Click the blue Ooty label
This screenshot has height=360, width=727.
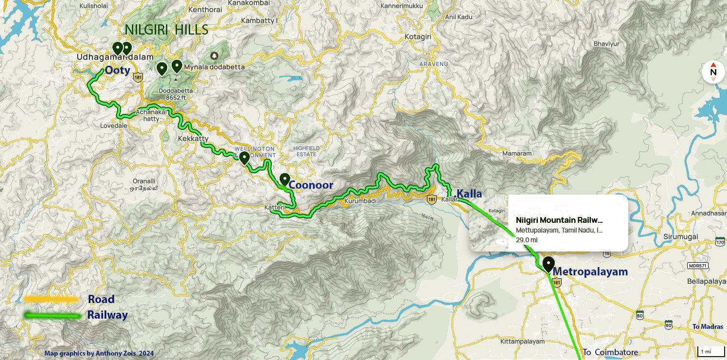pos(118,71)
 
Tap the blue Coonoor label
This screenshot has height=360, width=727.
pos(311,185)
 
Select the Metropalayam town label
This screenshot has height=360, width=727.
pos(590,271)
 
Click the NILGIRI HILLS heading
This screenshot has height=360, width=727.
pos(167,30)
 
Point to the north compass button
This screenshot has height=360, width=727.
pos(713,72)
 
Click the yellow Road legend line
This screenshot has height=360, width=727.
pos(51,299)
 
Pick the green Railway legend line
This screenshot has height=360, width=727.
pos(53,315)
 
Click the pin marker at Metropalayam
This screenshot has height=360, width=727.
pos(549,264)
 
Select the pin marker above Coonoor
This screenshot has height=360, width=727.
pos(284,180)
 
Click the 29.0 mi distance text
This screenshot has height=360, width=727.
pos(526,240)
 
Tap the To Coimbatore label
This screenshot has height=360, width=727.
pos(610,352)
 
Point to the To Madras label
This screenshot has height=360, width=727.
pos(708,327)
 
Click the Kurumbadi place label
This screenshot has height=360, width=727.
pos(360,201)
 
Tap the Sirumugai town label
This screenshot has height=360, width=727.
pos(680,237)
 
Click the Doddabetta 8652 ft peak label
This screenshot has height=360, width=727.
pos(179,94)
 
